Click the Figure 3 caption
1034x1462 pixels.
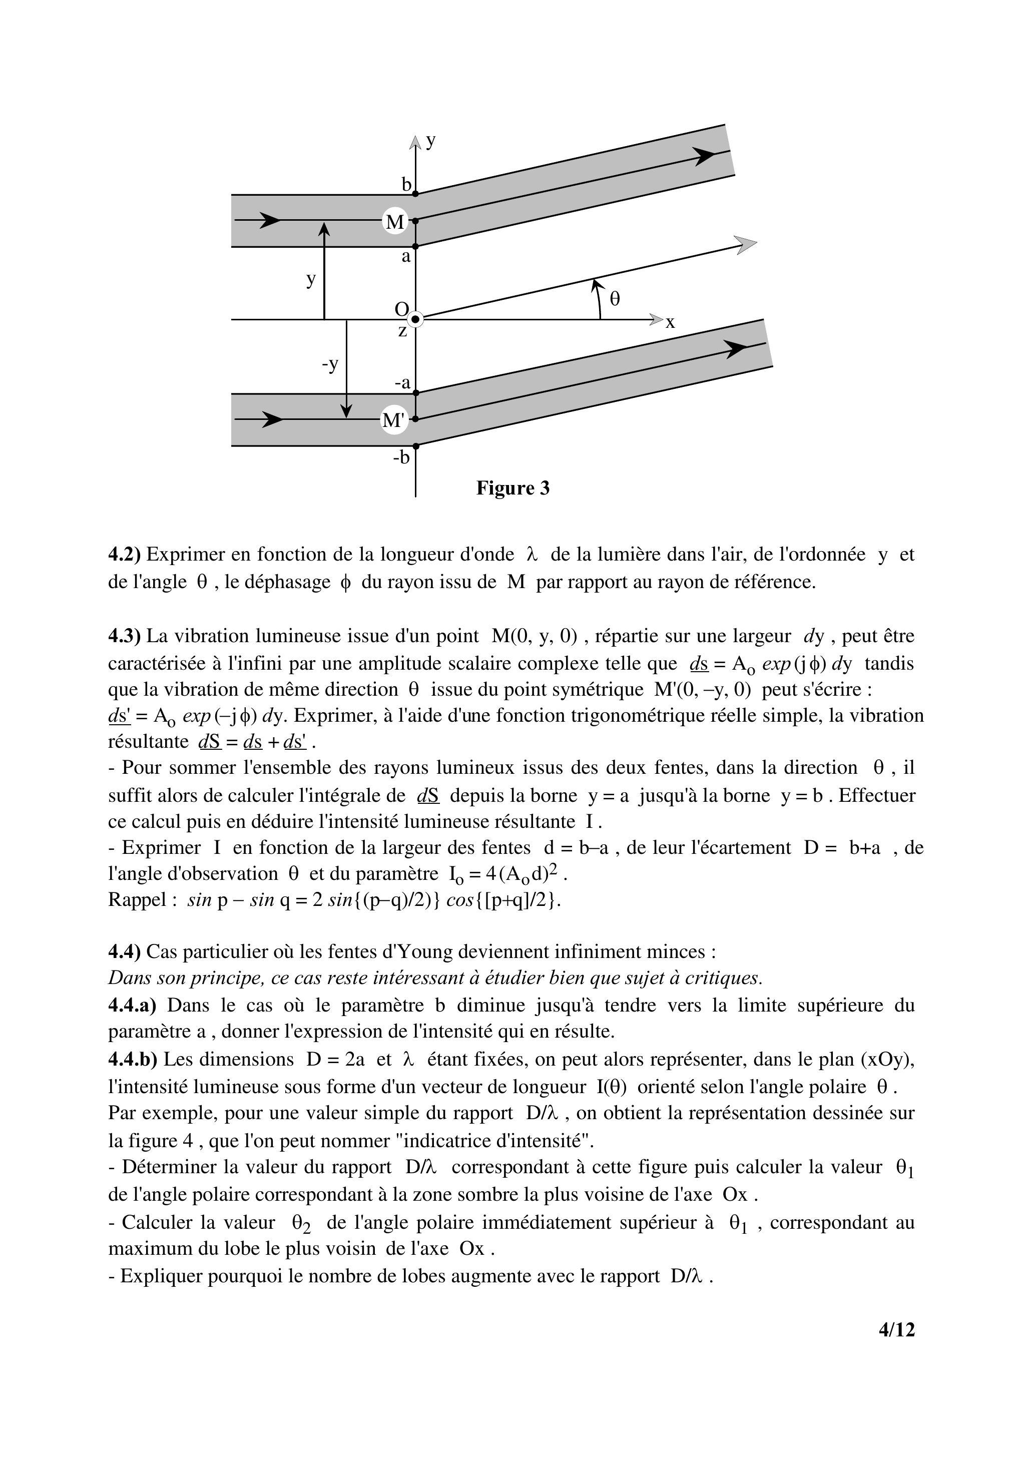click(512, 489)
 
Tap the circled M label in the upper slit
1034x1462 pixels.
click(395, 222)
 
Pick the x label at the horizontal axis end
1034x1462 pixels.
click(670, 323)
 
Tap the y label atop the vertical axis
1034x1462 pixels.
click(431, 140)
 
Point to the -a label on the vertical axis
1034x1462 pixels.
click(402, 383)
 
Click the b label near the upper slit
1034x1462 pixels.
click(406, 185)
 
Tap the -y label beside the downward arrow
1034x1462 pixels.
click(330, 364)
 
